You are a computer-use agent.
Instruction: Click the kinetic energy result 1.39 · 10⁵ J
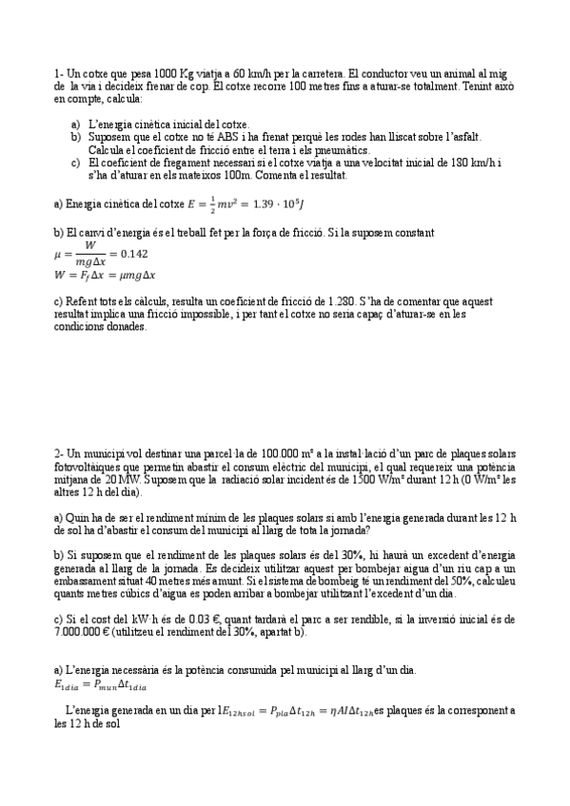point(282,203)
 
